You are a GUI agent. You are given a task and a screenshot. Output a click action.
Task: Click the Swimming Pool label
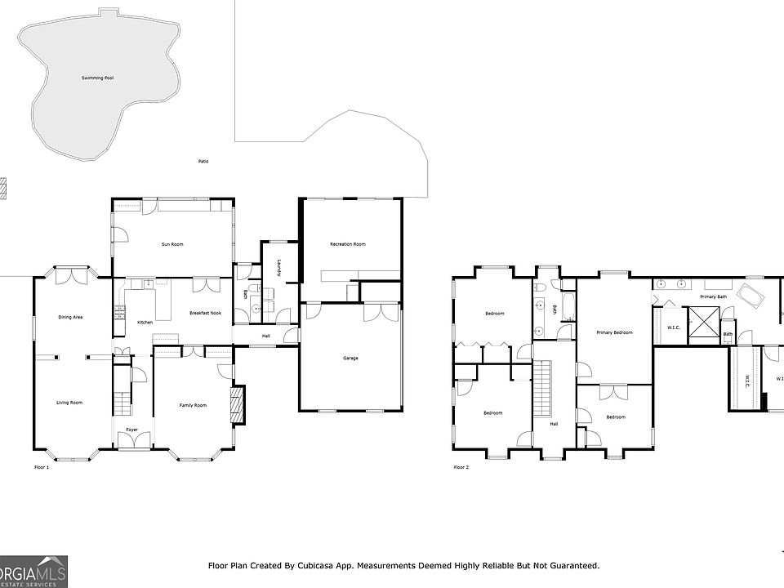[98, 78]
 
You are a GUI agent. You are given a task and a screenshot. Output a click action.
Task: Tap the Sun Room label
[172, 244]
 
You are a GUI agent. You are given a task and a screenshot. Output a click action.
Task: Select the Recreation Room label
[347, 244]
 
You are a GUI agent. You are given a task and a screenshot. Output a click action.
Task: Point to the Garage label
[350, 358]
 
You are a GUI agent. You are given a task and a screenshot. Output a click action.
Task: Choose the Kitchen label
[145, 323]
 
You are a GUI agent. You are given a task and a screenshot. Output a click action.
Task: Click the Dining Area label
[70, 317]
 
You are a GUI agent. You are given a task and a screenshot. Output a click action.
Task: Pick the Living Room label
[69, 403]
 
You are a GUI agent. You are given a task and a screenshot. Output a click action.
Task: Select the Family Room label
[194, 405]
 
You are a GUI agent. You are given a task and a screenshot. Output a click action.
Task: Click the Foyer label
[131, 430]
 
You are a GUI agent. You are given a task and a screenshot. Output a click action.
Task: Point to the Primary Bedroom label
[614, 332]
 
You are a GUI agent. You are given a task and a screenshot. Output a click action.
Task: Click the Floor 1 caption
[42, 468]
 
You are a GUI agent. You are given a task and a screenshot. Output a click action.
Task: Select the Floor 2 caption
[461, 468]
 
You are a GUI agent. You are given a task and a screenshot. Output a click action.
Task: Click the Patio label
[203, 162]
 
